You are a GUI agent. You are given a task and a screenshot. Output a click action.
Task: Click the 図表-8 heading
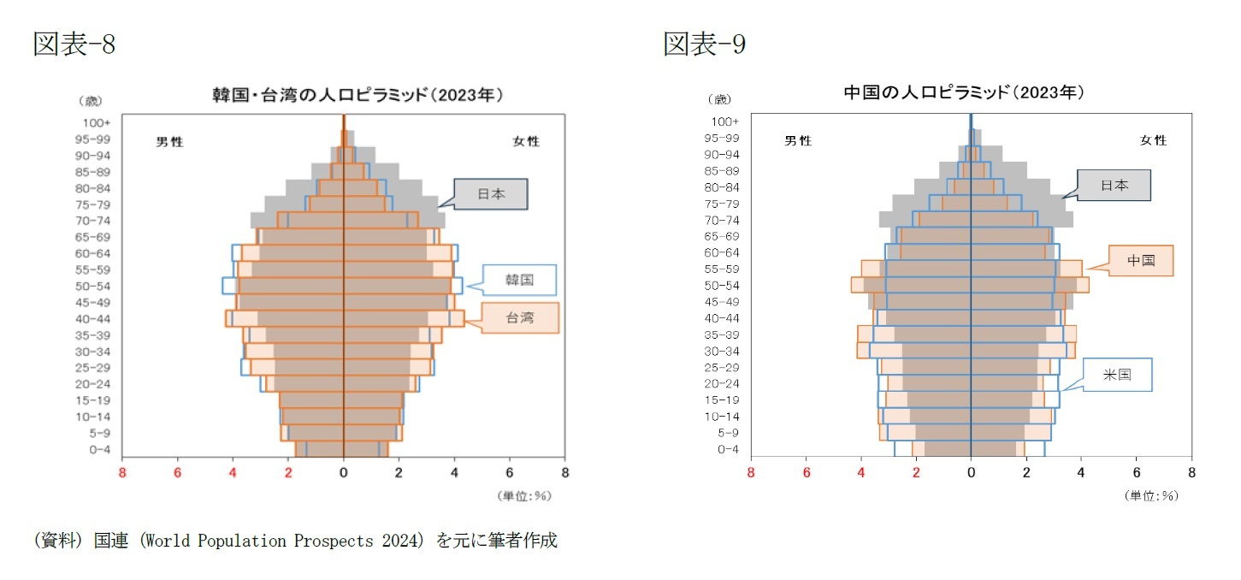[74, 44]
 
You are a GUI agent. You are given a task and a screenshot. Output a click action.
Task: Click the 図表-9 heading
[704, 44]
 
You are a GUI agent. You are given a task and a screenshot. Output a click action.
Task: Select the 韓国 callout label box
[519, 280]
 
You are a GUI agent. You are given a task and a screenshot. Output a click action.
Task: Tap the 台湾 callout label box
[519, 317]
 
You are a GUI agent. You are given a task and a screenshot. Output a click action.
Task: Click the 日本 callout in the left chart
[490, 194]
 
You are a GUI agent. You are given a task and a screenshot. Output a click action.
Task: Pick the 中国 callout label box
[1141, 260]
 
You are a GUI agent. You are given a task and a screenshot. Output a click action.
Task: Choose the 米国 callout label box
[1118, 375]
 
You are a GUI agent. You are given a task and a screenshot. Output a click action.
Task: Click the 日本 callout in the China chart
[1114, 185]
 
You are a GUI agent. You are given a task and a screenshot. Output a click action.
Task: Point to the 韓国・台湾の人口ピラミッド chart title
[358, 94]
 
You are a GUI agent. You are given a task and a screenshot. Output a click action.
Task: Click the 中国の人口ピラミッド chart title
[964, 92]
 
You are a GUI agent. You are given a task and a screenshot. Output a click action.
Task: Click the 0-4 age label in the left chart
[100, 449]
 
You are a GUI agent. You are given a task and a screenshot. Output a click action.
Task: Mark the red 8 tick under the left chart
[122, 471]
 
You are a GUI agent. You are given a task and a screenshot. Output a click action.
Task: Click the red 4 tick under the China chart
[861, 471]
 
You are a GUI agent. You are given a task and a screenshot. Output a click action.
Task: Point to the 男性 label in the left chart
[169, 141]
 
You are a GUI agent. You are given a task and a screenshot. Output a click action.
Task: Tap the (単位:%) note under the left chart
[523, 495]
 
